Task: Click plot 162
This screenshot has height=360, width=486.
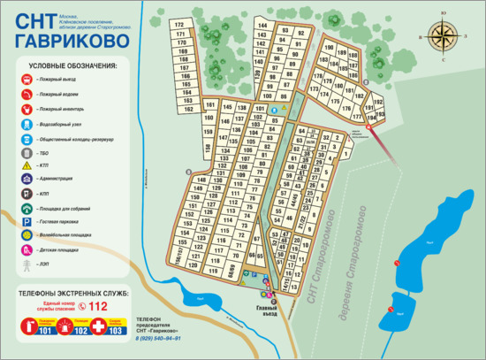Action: tap(188, 109)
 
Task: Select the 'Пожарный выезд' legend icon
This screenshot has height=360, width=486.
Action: tap(27, 79)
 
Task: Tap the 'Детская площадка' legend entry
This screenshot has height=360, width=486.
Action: tap(63, 249)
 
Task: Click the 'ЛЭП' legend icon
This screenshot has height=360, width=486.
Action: tap(27, 264)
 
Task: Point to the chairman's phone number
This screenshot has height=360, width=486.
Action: tap(160, 338)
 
